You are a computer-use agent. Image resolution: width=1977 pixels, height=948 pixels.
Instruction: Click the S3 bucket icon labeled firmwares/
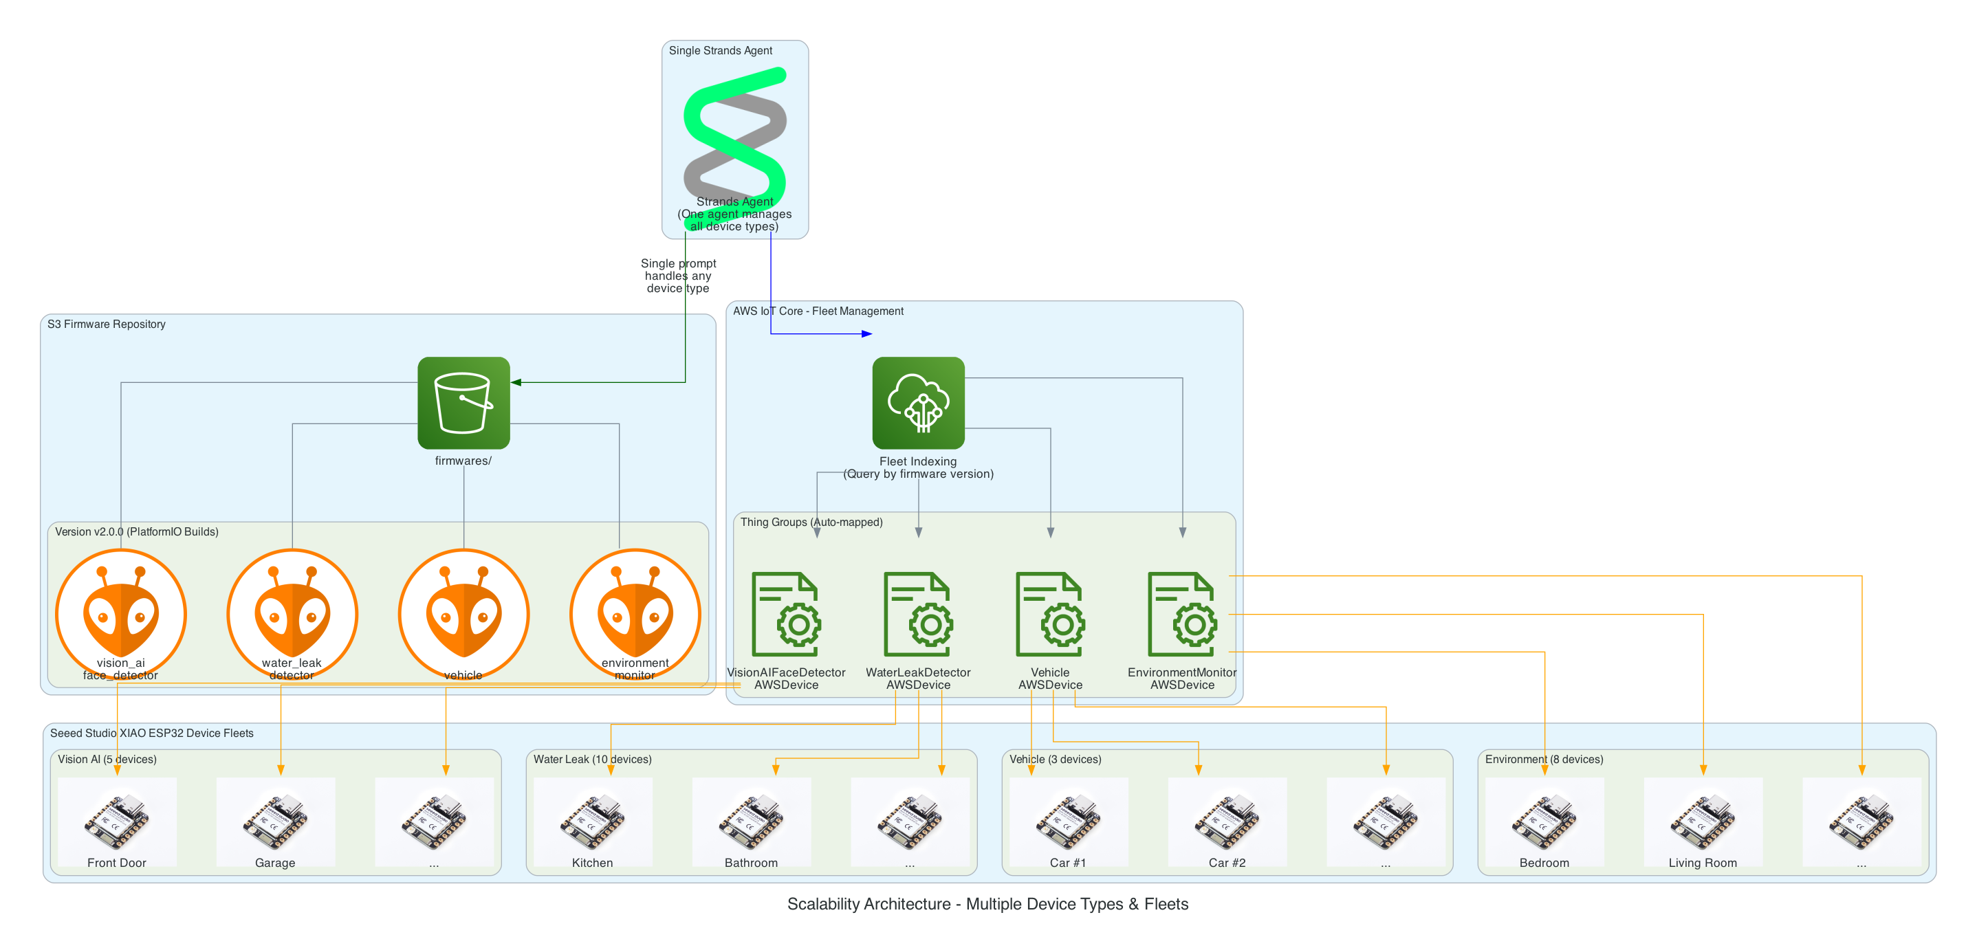point(463,403)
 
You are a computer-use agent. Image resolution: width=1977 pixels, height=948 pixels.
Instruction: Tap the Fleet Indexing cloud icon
point(918,403)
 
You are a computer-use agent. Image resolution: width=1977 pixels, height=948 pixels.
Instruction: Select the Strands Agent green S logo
point(734,134)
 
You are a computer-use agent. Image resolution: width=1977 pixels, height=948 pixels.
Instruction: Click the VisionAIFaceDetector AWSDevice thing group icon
point(786,614)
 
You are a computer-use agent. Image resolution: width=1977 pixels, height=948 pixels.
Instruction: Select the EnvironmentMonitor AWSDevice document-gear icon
point(1182,614)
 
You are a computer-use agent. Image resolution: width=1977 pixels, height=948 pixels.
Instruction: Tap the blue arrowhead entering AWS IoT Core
point(867,333)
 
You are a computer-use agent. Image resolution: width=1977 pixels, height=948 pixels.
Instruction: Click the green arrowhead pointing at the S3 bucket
point(516,382)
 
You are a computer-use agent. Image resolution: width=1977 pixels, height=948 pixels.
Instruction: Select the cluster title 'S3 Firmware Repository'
point(106,324)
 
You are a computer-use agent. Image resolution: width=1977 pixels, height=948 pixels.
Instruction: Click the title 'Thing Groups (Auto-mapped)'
point(811,522)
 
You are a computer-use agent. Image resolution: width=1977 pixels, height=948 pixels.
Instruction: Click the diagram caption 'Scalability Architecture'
point(987,904)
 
